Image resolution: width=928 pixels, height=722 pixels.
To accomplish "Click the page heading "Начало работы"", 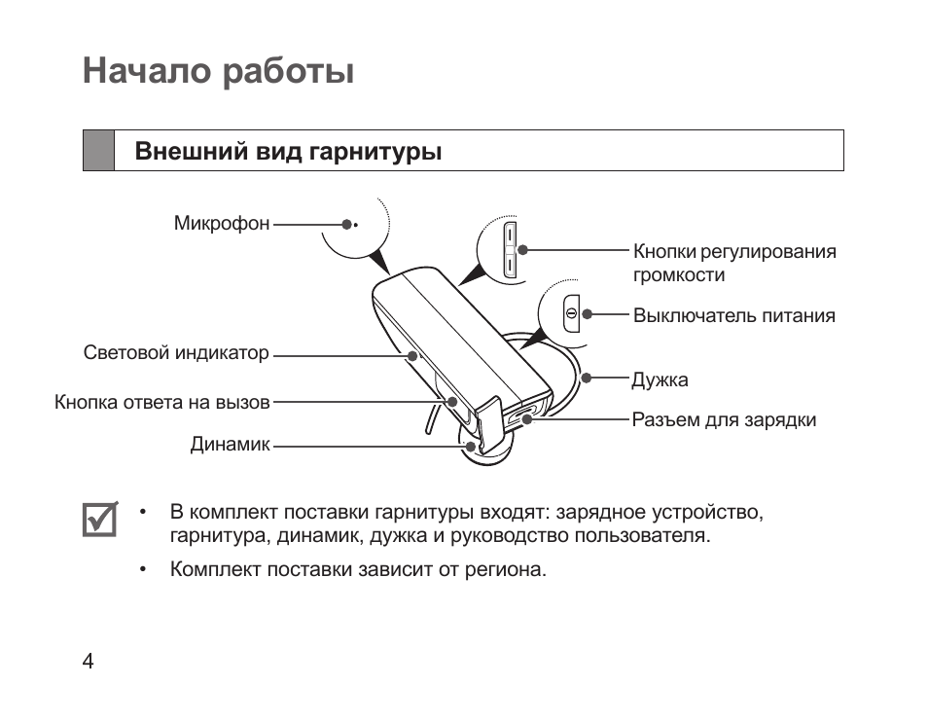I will point(218,72).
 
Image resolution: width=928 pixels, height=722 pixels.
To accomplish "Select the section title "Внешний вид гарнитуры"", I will point(288,152).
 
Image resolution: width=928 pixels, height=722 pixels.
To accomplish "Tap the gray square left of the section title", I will point(98,151).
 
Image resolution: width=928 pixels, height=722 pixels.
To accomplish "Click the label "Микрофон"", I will point(222,224).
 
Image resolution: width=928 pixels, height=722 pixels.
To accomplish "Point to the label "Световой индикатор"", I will point(176,353).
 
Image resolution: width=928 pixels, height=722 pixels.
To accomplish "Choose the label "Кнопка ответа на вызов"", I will point(162,401).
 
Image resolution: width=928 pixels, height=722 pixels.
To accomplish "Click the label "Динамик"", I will point(230,446).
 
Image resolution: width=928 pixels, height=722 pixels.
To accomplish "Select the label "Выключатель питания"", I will point(733,315).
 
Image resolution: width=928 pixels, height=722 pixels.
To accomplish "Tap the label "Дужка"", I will point(660,379).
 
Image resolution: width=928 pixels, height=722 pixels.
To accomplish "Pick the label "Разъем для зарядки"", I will point(724,420).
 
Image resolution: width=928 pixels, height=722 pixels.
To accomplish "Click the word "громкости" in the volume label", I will point(679,275).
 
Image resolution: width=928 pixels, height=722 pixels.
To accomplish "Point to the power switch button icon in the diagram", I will point(571,313).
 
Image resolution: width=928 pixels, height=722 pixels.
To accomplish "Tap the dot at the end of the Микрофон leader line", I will point(346,224).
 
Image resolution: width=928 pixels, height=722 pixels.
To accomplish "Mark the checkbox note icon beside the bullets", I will point(98,520).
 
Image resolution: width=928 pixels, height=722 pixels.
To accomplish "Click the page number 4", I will point(89,662).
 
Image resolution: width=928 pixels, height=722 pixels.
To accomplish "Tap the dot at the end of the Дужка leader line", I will point(586,378).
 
